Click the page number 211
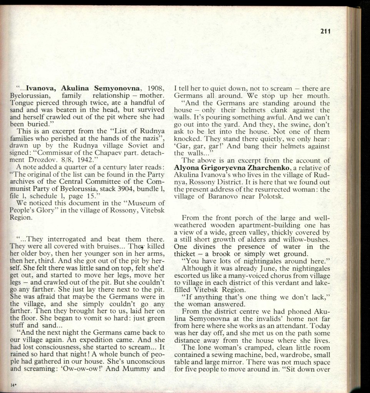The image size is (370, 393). click(x=325, y=32)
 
